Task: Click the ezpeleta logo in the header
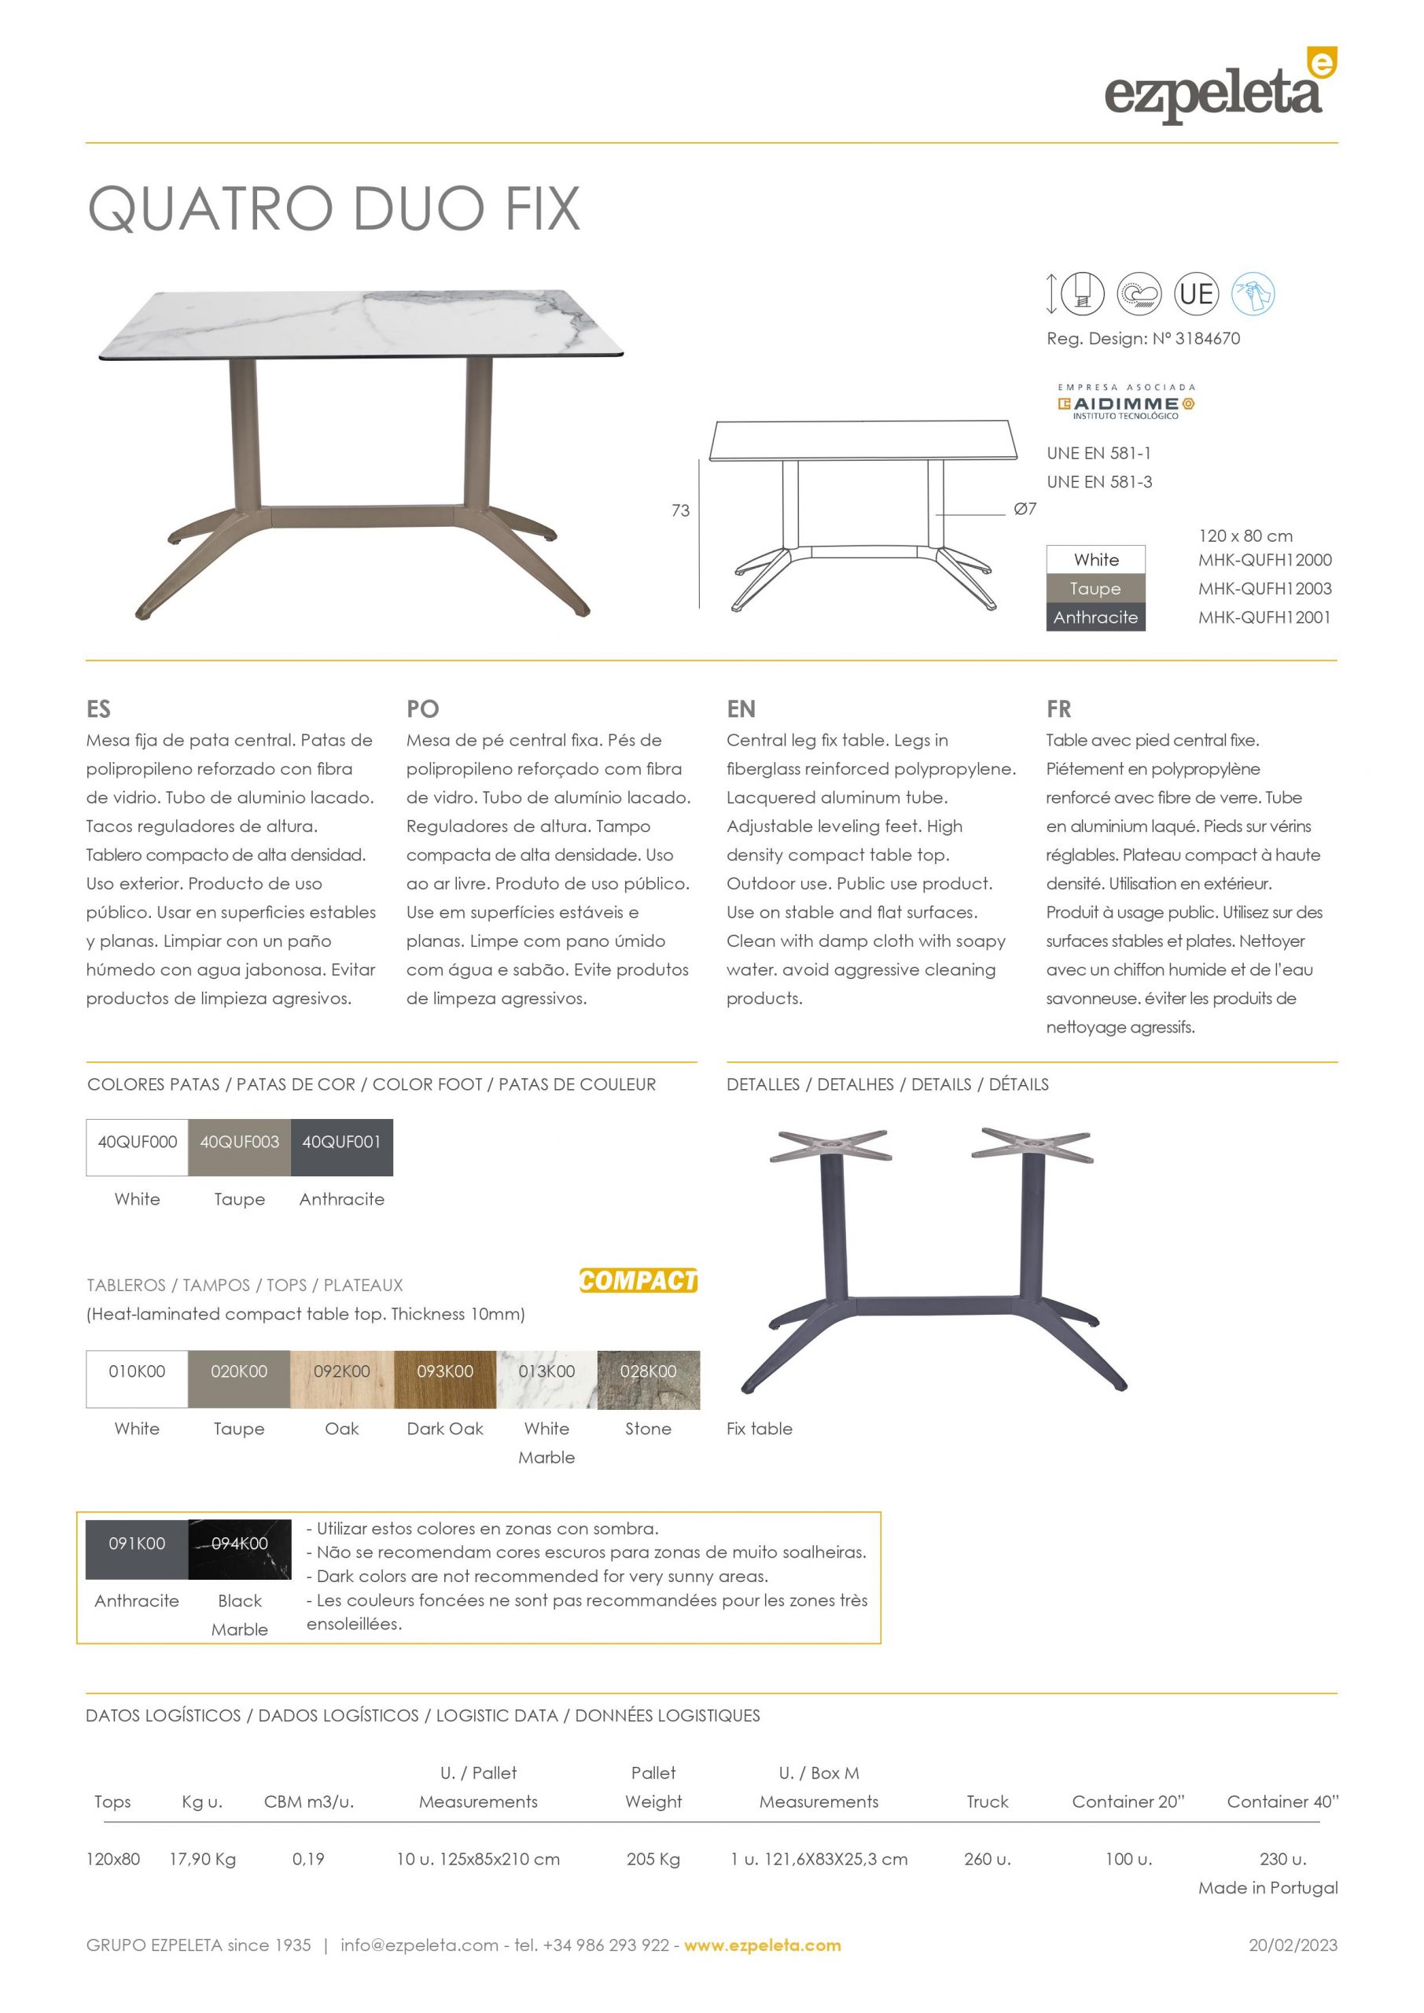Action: click(1219, 87)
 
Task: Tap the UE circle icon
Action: click(1196, 294)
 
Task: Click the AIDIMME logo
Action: click(1126, 403)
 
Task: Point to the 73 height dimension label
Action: click(680, 510)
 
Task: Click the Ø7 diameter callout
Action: click(1024, 509)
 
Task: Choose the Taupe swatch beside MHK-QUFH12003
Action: click(1095, 588)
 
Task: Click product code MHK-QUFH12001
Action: click(1264, 617)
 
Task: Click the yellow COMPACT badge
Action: click(638, 1281)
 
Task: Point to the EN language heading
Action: click(740, 708)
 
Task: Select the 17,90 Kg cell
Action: click(203, 1859)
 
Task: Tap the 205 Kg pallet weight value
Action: click(653, 1859)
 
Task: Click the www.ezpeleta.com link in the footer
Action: click(762, 1945)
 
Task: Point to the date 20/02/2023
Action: click(1293, 1945)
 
